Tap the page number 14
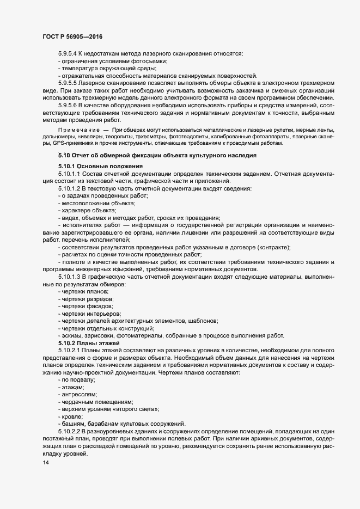click(46, 462)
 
